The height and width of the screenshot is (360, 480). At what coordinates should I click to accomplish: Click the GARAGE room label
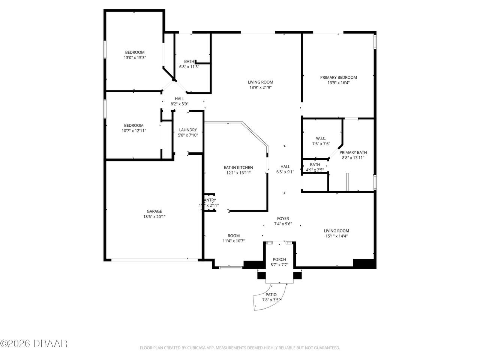pos(154,211)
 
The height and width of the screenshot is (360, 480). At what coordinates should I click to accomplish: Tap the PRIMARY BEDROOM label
pos(338,78)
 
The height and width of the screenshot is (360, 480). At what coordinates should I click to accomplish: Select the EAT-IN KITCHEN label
pos(238,168)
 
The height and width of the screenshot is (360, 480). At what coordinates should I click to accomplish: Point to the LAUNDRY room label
pos(187,130)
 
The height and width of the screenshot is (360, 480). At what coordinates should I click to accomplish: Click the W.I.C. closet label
pos(321,138)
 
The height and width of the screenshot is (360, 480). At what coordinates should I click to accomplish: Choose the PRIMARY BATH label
pos(353,153)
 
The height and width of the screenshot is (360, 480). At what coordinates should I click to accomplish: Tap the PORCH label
pos(279,259)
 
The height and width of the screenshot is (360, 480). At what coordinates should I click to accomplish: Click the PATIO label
pos(270,295)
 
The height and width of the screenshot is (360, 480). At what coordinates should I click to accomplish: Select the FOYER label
pos(283,219)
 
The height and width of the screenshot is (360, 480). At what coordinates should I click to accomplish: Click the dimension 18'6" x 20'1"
pos(154,216)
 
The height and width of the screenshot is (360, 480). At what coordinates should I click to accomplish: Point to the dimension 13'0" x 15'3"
pos(135,58)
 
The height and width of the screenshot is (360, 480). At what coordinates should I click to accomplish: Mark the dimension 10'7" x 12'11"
pos(134,131)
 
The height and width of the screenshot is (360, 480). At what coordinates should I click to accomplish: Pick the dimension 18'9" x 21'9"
pos(260,87)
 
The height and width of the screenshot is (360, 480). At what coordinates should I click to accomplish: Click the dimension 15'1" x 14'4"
pos(336,236)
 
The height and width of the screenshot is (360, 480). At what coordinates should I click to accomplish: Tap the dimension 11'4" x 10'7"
pos(234,241)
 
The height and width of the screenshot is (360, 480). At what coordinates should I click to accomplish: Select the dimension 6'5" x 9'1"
pos(285,172)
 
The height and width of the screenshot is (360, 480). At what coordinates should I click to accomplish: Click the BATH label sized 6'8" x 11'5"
pos(189,61)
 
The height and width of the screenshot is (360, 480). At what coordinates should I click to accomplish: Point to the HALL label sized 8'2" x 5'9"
pos(179,99)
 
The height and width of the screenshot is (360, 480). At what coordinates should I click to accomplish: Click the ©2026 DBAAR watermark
pos(34,343)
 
